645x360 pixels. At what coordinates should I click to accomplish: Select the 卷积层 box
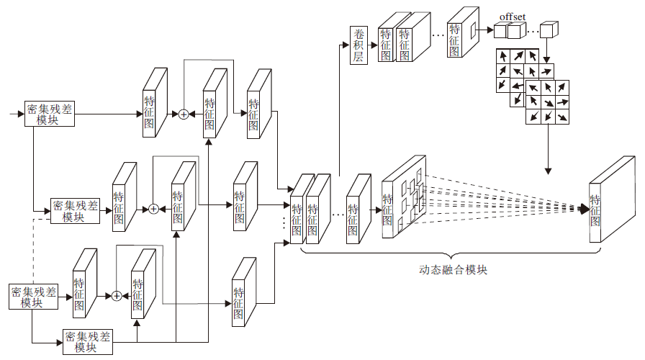[358, 45]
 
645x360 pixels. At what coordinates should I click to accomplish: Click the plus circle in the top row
[183, 114]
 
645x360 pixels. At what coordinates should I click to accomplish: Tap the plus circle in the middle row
[153, 209]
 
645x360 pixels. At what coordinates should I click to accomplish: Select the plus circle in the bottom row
[116, 296]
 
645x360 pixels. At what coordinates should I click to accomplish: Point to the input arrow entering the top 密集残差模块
[17, 114]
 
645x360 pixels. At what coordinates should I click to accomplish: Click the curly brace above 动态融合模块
[452, 254]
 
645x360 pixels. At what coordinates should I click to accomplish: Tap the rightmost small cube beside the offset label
[549, 30]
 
